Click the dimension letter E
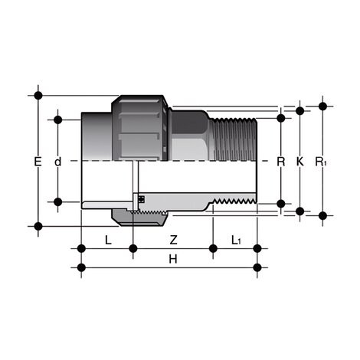(38, 162)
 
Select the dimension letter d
(57, 162)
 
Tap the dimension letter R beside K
(280, 162)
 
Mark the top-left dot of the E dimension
(38, 96)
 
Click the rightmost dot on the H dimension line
(257, 267)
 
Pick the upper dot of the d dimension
(57, 119)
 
